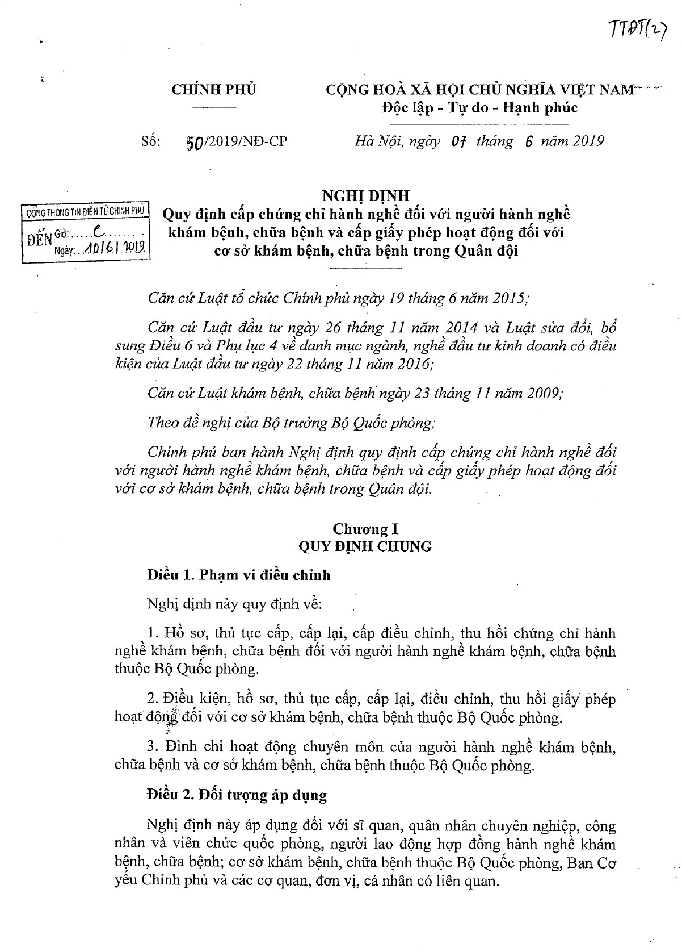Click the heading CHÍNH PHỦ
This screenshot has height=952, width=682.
[214, 90]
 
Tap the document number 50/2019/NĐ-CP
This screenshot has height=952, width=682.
[237, 141]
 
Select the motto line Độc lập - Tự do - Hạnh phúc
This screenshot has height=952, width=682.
[480, 107]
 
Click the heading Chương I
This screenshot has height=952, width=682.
[365, 529]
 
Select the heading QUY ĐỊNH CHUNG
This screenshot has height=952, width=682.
[365, 546]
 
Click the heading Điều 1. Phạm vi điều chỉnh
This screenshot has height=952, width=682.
[238, 575]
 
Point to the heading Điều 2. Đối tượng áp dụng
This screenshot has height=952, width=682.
[237, 795]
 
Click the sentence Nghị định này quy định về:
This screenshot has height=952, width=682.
[234, 604]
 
